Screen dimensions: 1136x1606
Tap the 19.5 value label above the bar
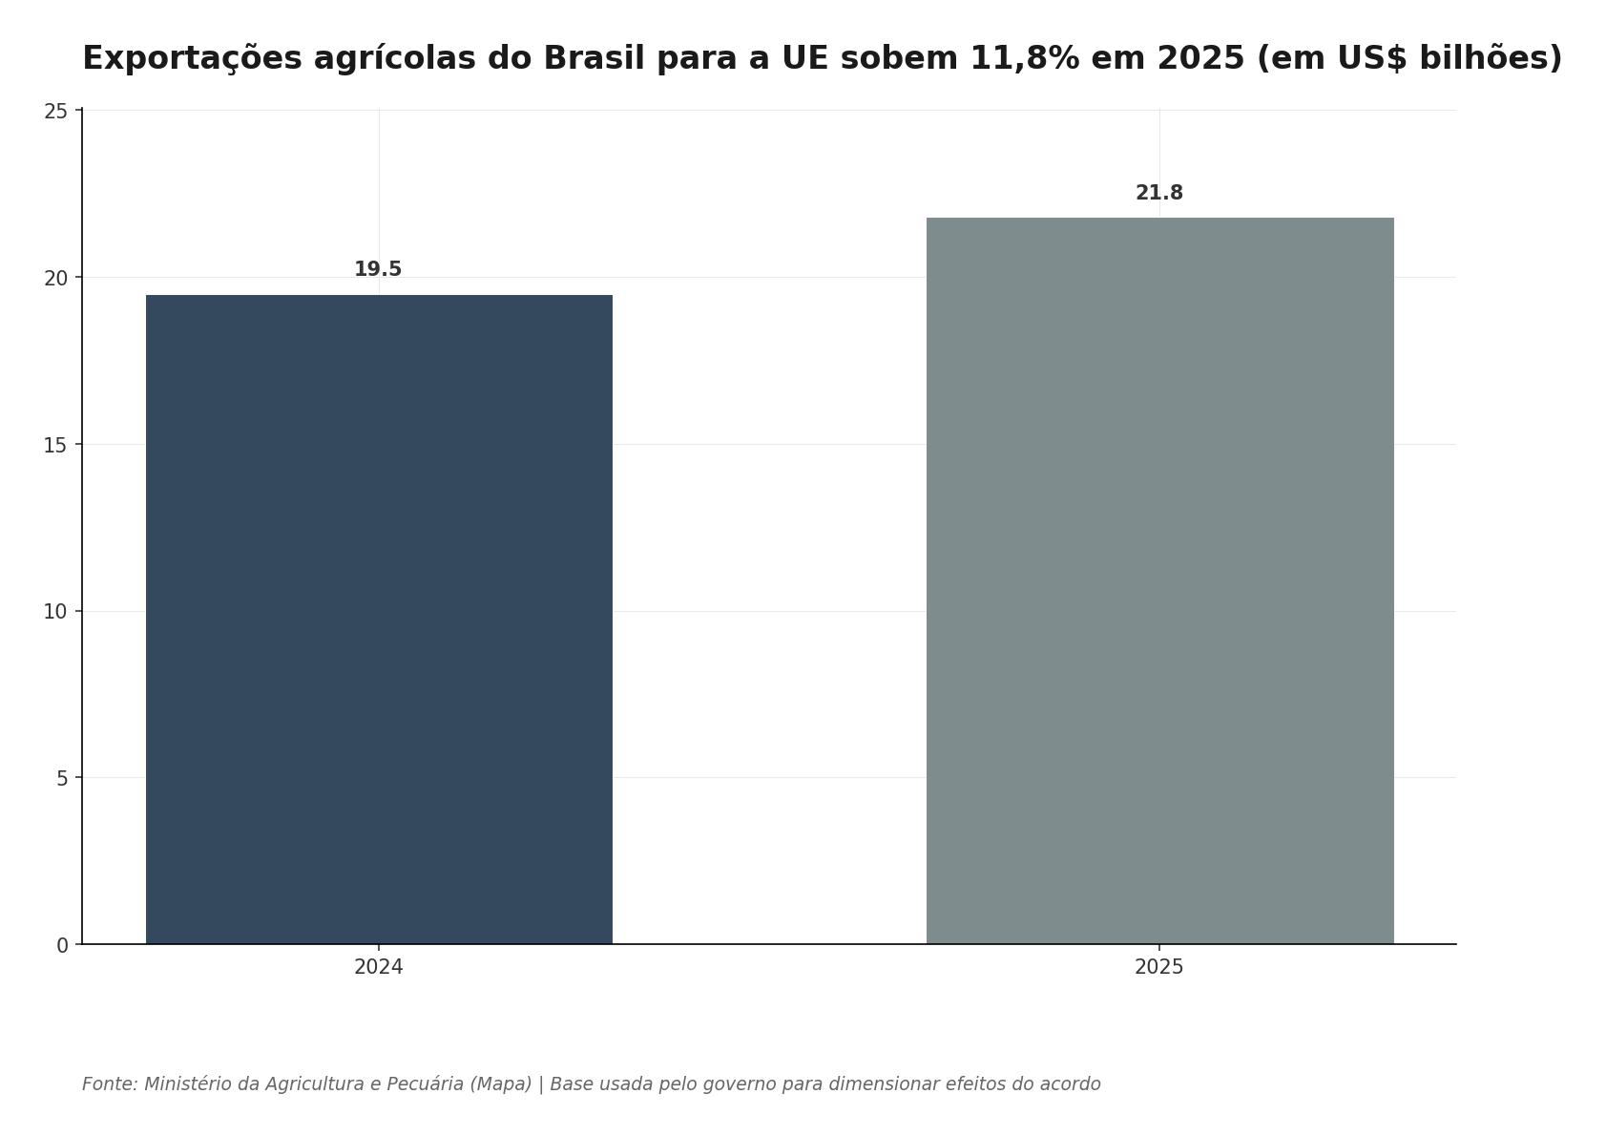(x=378, y=270)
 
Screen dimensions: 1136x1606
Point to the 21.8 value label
(x=1159, y=194)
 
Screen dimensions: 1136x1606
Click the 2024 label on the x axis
(x=379, y=968)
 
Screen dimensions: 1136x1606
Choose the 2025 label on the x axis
(x=1159, y=968)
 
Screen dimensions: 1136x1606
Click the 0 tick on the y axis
(x=63, y=946)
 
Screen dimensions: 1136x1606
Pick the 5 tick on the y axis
(x=63, y=779)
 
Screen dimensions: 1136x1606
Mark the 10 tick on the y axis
(x=56, y=612)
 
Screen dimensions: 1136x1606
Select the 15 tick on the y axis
(x=56, y=445)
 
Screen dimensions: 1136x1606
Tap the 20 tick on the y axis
(x=56, y=278)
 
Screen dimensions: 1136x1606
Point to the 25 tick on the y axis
(x=56, y=112)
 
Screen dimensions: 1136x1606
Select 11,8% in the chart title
(x=1025, y=58)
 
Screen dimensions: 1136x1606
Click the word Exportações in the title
(x=192, y=58)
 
